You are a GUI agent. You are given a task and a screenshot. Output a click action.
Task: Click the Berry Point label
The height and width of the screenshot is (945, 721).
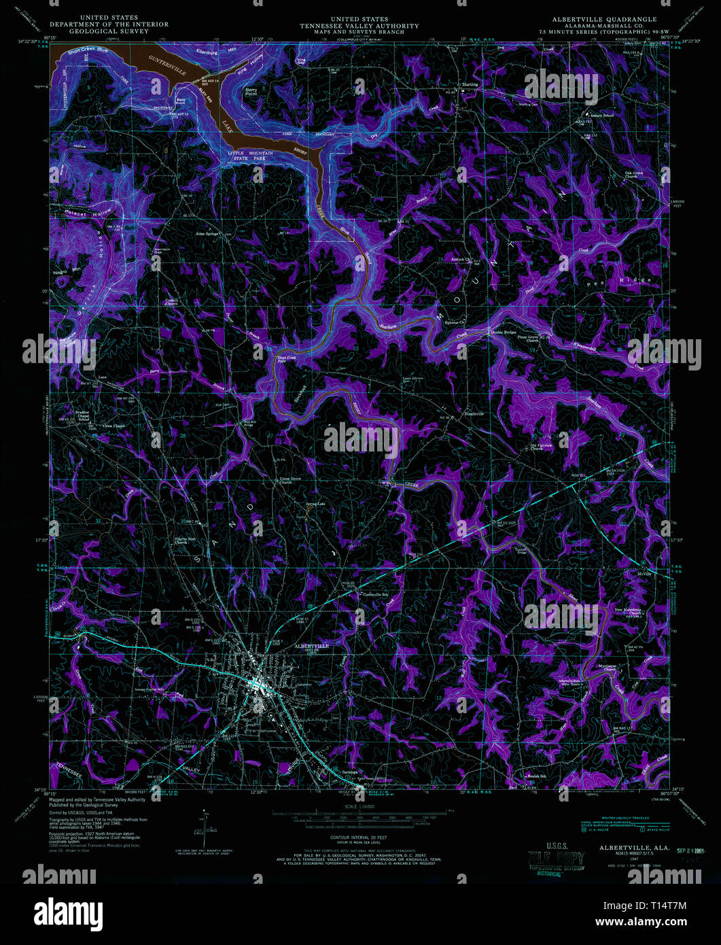pyautogui.click(x=252, y=92)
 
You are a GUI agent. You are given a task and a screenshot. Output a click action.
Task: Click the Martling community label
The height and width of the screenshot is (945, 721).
pyautogui.click(x=470, y=85)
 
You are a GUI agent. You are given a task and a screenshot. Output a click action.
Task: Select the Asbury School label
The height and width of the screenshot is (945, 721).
pyautogui.click(x=604, y=115)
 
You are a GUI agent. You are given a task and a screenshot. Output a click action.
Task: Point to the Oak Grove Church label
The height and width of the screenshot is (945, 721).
pyautogui.click(x=634, y=174)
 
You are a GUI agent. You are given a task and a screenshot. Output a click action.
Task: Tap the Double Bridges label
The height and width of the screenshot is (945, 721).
pyautogui.click(x=503, y=332)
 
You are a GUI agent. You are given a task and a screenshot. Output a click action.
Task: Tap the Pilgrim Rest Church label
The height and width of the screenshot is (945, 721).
pyautogui.click(x=185, y=540)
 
